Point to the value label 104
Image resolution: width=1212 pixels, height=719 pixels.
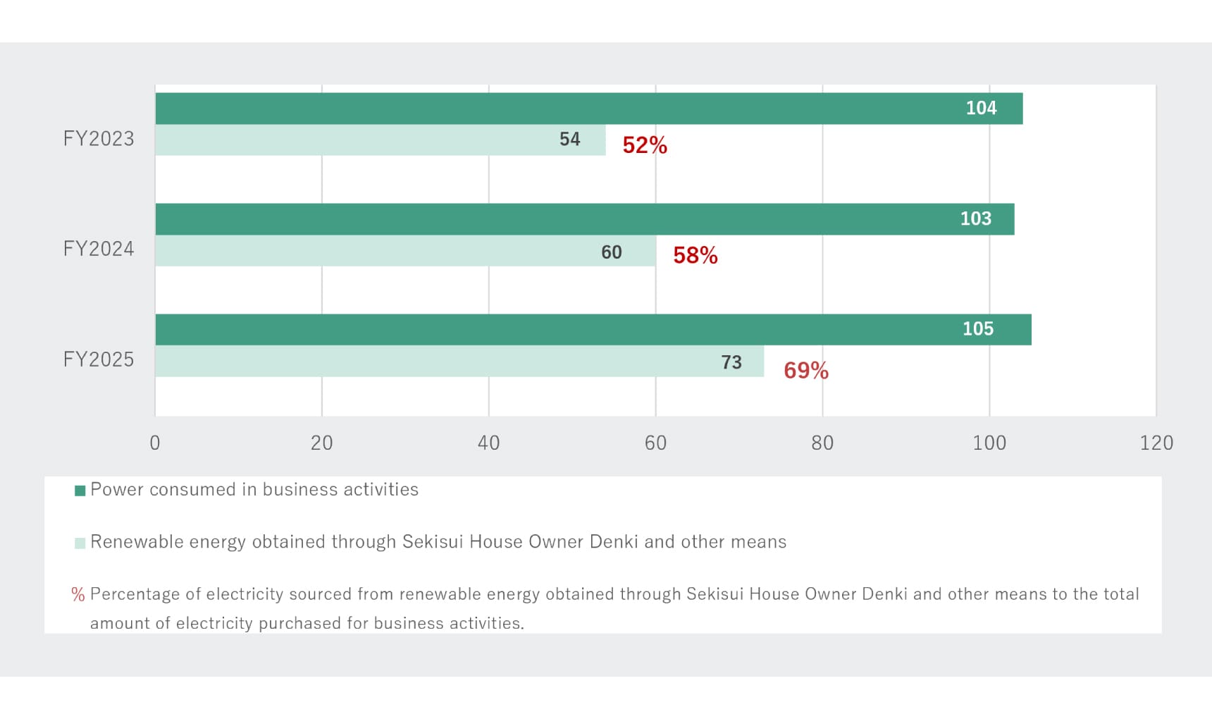click(x=981, y=109)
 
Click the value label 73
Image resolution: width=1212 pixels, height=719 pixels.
click(x=731, y=362)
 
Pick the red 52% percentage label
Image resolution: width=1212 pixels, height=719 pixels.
click(x=645, y=145)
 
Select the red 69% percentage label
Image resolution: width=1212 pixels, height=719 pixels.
click(x=806, y=371)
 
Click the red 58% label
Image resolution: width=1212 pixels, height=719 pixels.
click(x=695, y=255)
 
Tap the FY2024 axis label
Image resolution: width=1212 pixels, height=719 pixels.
click(x=99, y=249)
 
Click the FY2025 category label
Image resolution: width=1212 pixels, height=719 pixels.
click(x=99, y=359)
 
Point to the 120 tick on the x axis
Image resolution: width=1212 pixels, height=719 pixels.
click(x=1156, y=443)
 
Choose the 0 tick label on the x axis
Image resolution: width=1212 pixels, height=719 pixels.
click(x=155, y=443)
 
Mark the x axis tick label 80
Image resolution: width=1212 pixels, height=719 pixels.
click(x=822, y=443)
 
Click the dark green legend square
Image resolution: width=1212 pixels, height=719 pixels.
click(x=80, y=491)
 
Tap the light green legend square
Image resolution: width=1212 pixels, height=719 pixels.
click(x=80, y=543)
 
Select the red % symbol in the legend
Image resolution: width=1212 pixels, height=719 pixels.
click(x=78, y=595)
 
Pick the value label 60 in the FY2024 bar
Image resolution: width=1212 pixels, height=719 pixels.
click(x=612, y=252)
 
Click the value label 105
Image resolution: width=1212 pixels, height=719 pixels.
click(x=978, y=329)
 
